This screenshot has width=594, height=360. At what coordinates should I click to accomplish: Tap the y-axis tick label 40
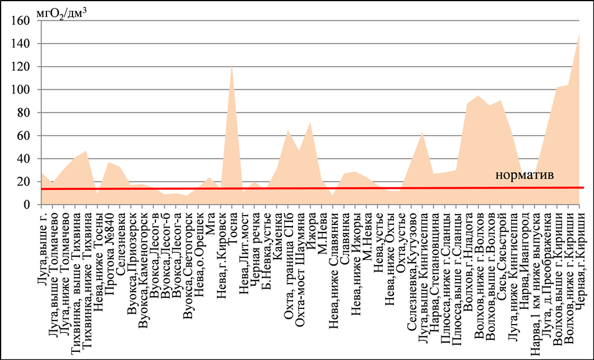23,159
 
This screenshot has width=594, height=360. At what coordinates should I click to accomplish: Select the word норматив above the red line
524,176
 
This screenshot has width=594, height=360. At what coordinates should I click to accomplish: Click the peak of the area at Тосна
231,63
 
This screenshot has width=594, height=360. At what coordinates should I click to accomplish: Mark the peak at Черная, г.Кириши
579,34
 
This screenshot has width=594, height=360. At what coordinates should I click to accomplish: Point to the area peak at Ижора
311,122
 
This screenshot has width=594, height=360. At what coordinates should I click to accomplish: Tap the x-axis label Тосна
233,226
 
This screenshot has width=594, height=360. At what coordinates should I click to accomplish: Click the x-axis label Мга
211,221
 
